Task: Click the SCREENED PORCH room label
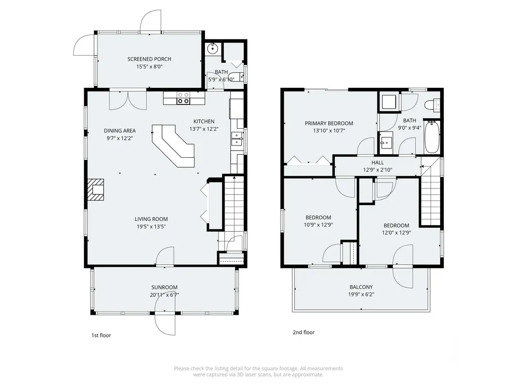(x=149, y=59)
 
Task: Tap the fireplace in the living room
(x=95, y=190)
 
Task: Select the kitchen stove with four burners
(x=183, y=98)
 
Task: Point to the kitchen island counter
(x=174, y=145)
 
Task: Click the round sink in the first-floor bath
(x=213, y=48)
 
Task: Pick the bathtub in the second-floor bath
(x=432, y=137)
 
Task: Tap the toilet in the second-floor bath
(x=433, y=105)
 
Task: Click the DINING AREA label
(x=120, y=131)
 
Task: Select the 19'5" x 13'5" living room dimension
(x=151, y=227)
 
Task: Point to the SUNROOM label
(x=165, y=287)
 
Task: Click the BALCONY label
(x=361, y=287)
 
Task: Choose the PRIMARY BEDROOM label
(x=329, y=123)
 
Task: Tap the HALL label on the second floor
(x=378, y=162)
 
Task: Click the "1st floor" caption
(x=101, y=335)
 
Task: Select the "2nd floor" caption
(x=303, y=332)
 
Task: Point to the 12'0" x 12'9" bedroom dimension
(x=396, y=232)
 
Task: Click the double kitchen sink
(x=237, y=138)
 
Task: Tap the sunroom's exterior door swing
(x=165, y=323)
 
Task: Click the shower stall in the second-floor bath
(x=389, y=102)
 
